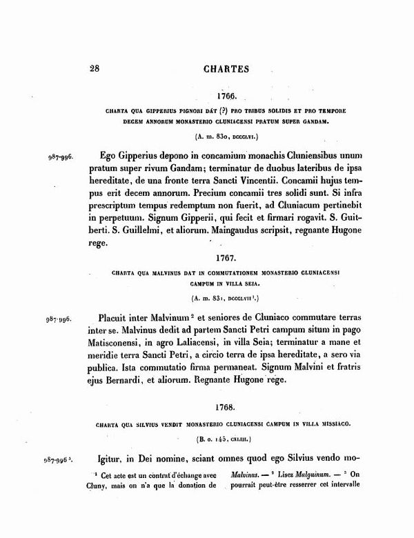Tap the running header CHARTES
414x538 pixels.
click(x=226, y=69)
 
